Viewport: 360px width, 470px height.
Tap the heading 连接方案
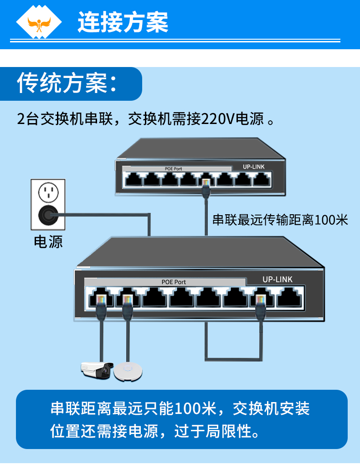[x=123, y=22]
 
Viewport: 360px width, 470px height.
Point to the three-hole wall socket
[x=47, y=192]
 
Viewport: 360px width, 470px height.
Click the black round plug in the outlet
[x=47, y=214]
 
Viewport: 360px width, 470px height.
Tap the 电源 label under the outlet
[x=48, y=242]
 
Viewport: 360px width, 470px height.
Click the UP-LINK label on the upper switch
[x=254, y=167]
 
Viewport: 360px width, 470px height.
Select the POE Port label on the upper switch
[x=173, y=169]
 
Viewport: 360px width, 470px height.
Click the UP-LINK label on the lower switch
[x=278, y=279]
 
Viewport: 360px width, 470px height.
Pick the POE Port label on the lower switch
[x=174, y=282]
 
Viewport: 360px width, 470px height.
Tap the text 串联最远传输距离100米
[x=280, y=220]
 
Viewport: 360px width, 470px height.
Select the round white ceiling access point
[x=128, y=371]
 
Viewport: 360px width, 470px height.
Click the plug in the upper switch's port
[x=206, y=185]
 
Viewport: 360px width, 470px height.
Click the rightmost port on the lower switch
[x=288, y=299]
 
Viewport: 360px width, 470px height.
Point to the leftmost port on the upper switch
[x=134, y=180]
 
